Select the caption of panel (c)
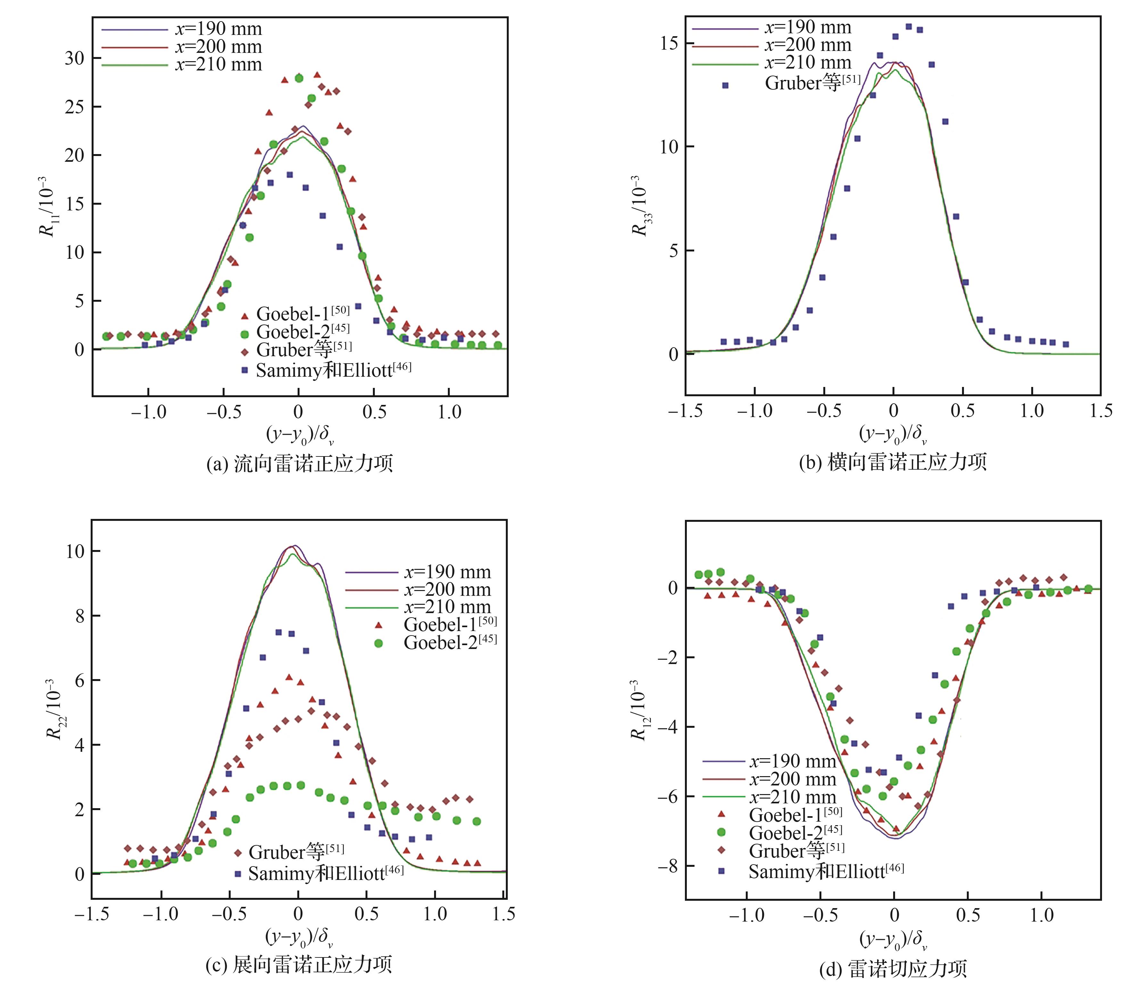point(299,964)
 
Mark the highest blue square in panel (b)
point(908,26)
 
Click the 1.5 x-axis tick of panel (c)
point(504,914)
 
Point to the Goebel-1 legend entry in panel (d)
point(795,815)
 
